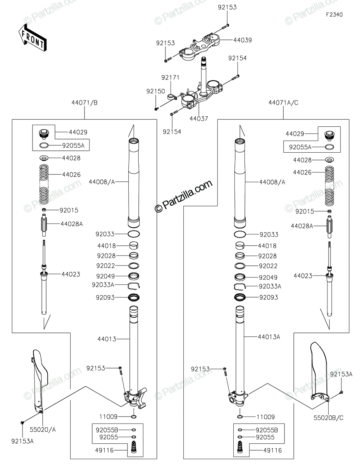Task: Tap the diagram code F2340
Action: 334,15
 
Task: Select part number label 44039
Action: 243,40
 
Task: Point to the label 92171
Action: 171,77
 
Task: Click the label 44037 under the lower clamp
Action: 199,119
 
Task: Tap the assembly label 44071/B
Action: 84,103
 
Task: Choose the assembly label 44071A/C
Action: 283,103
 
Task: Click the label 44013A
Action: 269,337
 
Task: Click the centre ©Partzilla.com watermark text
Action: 184,196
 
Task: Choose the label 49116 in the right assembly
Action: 271,451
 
